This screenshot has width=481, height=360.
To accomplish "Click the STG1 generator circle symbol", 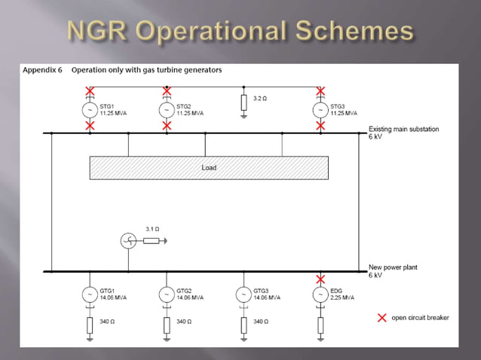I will tap(90, 110).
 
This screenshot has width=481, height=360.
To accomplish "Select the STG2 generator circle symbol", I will tap(167, 110).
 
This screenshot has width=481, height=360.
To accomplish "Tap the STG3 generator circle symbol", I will tap(320, 110).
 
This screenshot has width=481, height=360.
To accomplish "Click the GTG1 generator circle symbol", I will tap(90, 294).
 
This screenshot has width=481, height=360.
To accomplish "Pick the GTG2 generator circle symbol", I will tap(167, 294).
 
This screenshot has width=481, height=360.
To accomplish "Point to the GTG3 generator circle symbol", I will tap(244, 294).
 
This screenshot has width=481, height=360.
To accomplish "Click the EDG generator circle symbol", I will tap(320, 294).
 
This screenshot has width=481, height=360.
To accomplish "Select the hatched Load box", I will tap(209, 167).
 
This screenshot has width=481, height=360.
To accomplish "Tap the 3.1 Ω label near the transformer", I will tap(152, 228).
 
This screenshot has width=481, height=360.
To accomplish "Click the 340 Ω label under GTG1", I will tap(106, 322).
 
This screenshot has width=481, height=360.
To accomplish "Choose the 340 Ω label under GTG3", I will tap(260, 322).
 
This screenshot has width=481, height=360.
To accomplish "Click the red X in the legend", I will tap(382, 317).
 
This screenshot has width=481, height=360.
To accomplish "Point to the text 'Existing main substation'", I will tap(403, 130).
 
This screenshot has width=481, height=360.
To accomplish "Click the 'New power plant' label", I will tap(393, 267).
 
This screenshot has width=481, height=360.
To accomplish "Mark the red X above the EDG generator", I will tap(320, 279).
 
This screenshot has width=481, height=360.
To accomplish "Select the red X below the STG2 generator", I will tap(167, 126).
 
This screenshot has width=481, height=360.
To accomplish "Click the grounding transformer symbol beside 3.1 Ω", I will tap(129, 241).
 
